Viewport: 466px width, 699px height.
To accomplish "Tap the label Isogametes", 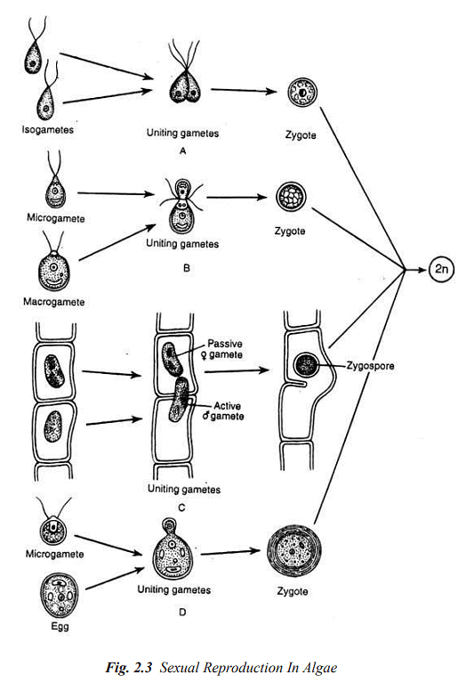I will click(x=48, y=130).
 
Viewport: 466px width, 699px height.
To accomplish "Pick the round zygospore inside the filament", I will click(x=308, y=365).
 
